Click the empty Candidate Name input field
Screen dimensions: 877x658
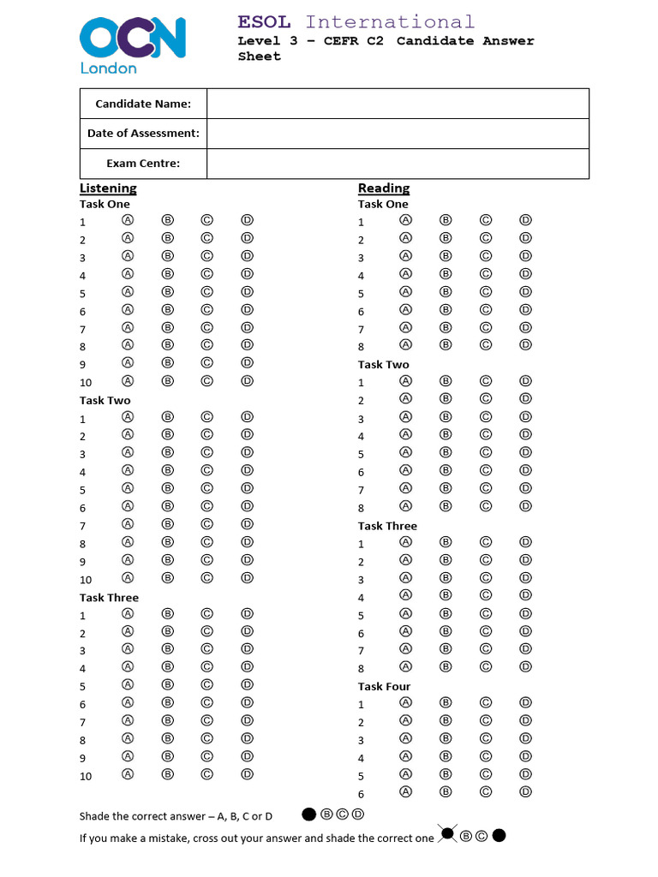click(398, 104)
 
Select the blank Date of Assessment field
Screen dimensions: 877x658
click(398, 134)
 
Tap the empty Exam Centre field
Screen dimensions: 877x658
click(398, 163)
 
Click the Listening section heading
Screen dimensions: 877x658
click(108, 188)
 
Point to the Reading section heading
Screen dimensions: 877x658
click(384, 188)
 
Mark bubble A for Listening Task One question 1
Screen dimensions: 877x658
click(128, 219)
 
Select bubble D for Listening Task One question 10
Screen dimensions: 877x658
click(247, 380)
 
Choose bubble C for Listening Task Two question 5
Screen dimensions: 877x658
click(206, 488)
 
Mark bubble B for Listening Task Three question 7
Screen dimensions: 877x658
click(168, 720)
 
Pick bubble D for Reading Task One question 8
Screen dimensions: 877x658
click(525, 344)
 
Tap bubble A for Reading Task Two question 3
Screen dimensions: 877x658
click(405, 416)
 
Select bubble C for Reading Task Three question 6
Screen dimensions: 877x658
click(485, 630)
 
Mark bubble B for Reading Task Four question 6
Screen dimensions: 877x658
click(446, 791)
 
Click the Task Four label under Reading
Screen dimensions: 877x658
click(384, 686)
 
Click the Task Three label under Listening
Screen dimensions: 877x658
click(109, 597)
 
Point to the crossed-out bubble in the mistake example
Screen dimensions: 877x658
click(446, 834)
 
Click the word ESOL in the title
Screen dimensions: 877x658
click(264, 22)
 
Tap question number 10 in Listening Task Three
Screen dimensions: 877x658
click(86, 776)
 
